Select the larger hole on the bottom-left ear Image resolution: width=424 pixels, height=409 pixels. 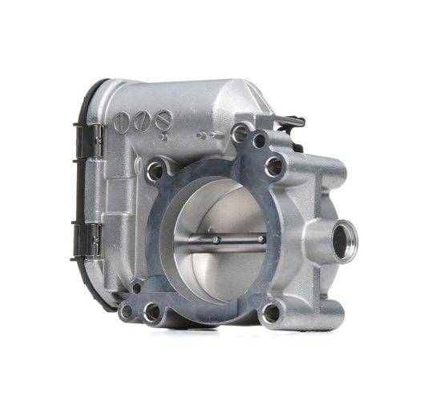tap(151, 312)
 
